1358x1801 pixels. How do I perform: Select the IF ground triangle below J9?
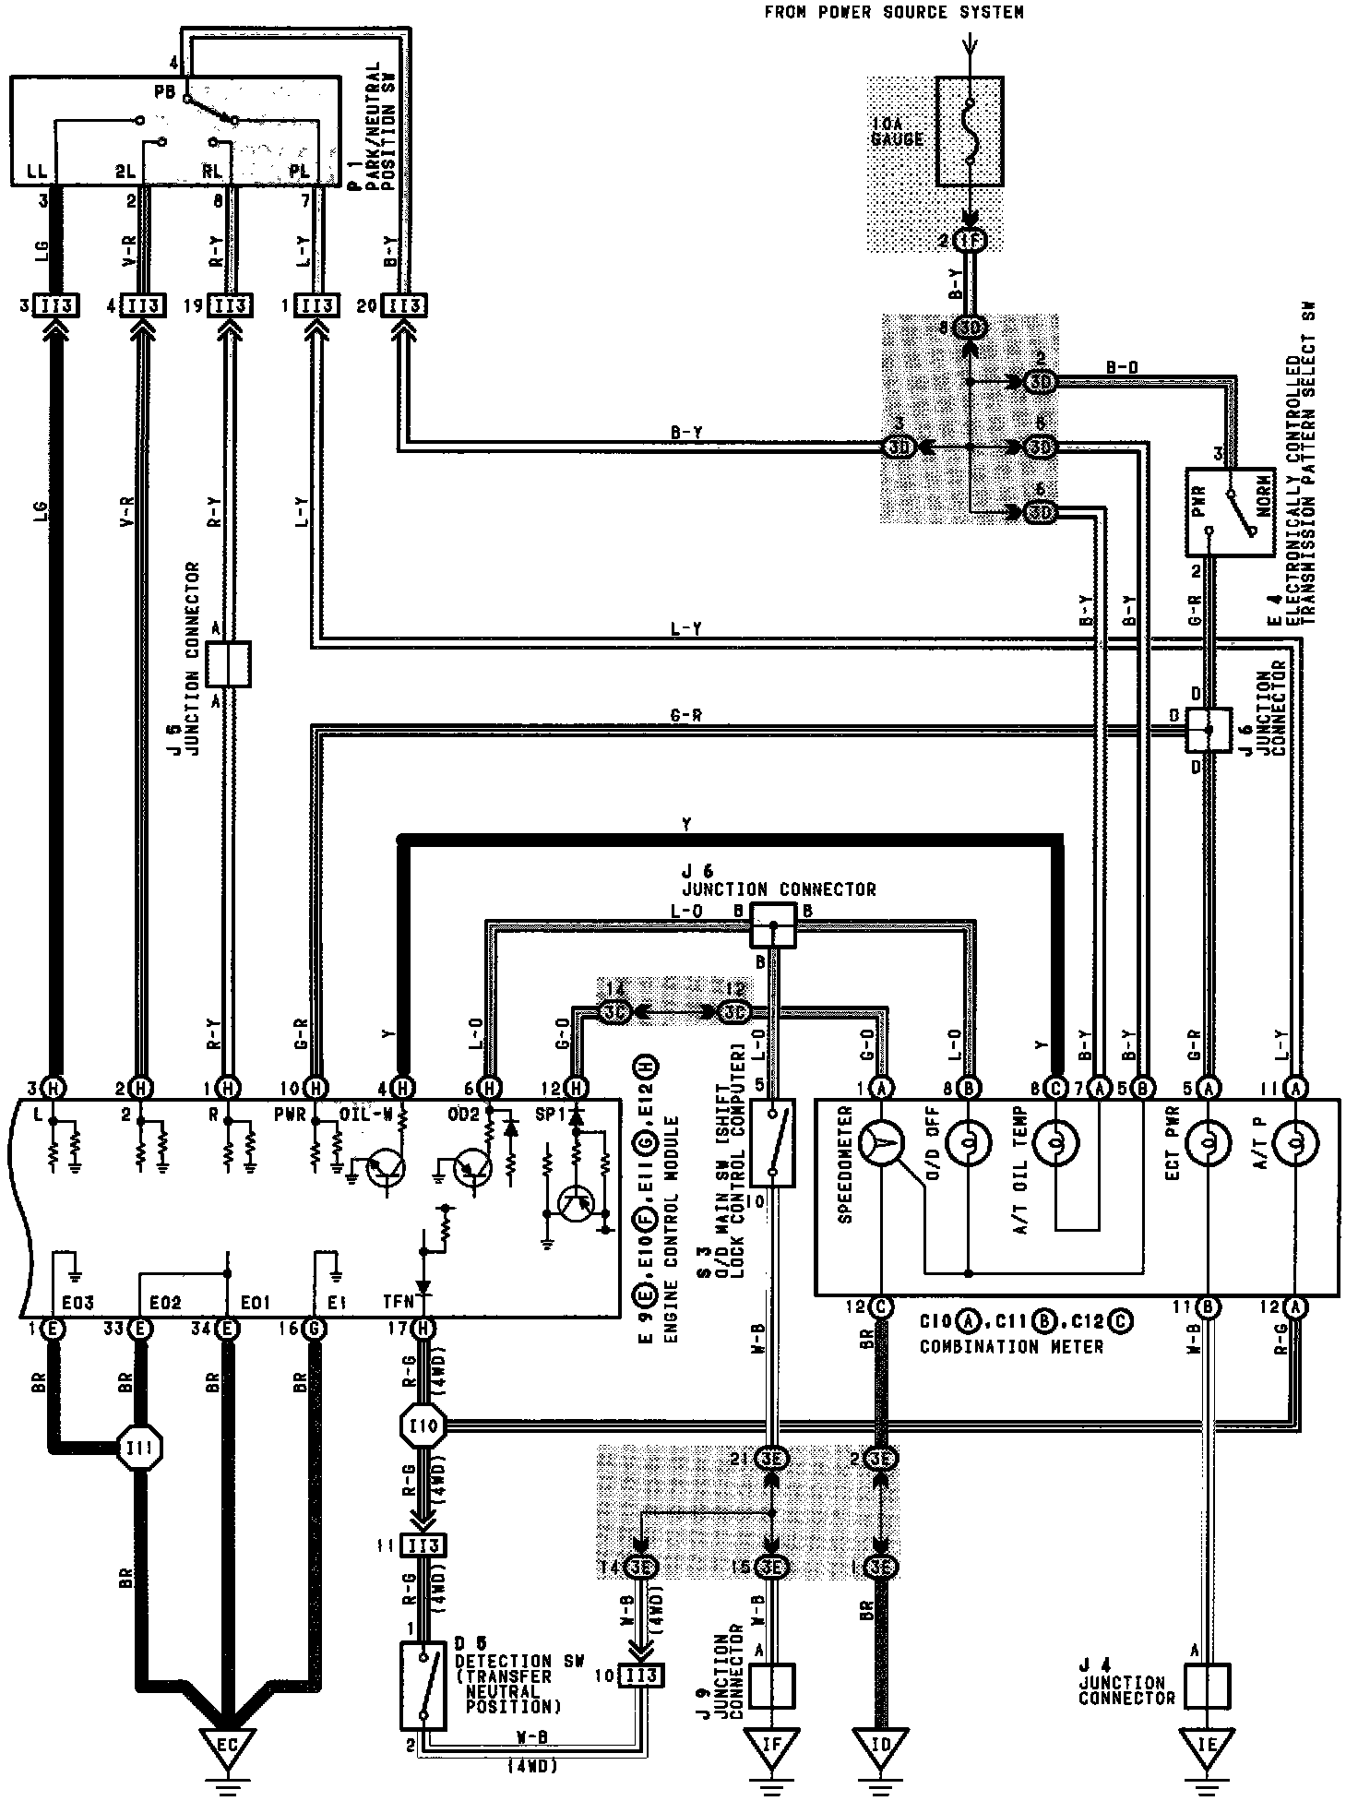(x=771, y=1743)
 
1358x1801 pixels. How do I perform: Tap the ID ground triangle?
(x=884, y=1743)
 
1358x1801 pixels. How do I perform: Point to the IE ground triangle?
(x=1207, y=1743)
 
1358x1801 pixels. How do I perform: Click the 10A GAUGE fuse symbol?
(x=969, y=131)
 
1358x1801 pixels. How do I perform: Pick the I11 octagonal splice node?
(x=141, y=1449)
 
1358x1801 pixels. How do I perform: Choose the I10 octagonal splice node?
(x=423, y=1426)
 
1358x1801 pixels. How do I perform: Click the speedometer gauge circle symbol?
(x=883, y=1144)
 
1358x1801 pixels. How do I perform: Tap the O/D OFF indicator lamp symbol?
(x=969, y=1144)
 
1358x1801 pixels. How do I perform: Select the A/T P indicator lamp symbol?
(x=1295, y=1144)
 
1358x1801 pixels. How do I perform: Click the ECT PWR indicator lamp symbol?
(x=1207, y=1144)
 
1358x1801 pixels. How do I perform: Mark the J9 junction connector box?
(x=771, y=1685)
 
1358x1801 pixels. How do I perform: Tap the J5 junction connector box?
(x=228, y=664)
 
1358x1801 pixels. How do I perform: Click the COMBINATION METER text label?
(x=1011, y=1346)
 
